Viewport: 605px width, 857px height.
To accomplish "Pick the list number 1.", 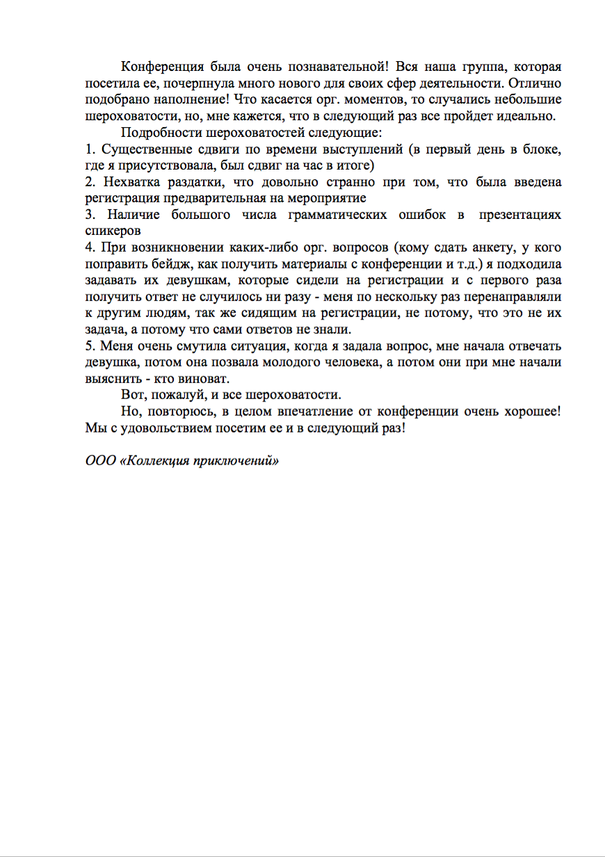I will tap(89, 149).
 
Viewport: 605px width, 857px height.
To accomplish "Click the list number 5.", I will tap(89, 346).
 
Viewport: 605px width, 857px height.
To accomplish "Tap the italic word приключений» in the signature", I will tap(238, 461).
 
